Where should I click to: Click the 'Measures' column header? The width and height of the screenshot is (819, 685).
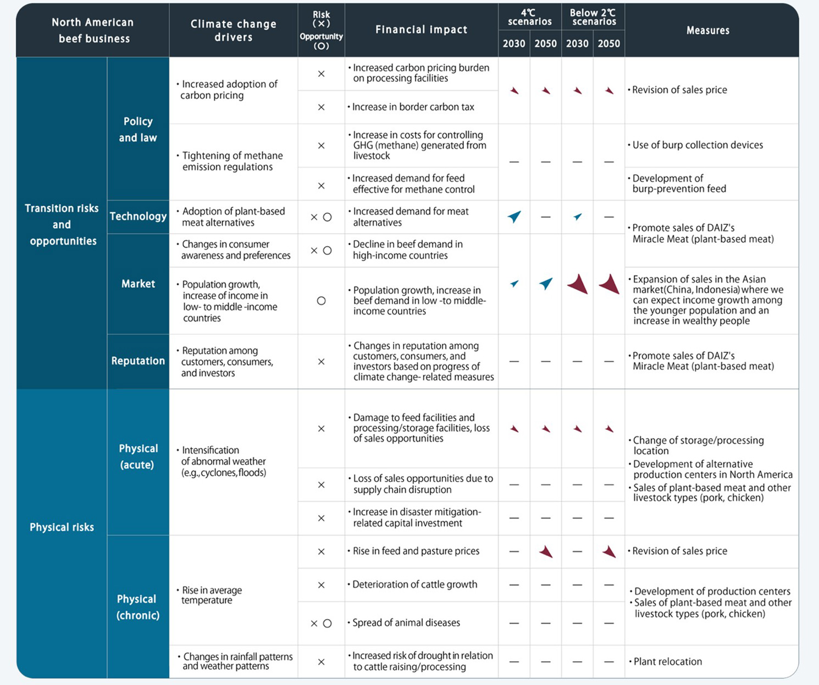[707, 30]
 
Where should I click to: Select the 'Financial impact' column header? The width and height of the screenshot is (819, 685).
[421, 30]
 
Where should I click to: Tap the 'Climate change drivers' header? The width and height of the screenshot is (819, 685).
[233, 30]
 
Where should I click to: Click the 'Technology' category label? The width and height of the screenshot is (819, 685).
[138, 217]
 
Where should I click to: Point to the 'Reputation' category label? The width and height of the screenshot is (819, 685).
[138, 361]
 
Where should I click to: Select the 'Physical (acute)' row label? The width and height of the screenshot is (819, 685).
[138, 456]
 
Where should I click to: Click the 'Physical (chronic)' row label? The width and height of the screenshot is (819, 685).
[137, 607]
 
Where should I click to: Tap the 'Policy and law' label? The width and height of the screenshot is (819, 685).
[138, 129]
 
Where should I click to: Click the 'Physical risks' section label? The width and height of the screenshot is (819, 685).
[62, 527]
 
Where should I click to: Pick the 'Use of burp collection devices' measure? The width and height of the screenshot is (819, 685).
[697, 145]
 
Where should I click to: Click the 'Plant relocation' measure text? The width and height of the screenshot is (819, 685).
[667, 661]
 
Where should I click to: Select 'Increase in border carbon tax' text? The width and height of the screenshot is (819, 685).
[412, 107]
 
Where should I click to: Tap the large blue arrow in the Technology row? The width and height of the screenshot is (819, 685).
[514, 217]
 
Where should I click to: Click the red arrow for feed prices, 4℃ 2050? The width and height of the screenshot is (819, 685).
[546, 551]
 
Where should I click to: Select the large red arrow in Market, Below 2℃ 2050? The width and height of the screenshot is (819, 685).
[609, 284]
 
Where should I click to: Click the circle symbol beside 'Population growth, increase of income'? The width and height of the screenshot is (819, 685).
[321, 301]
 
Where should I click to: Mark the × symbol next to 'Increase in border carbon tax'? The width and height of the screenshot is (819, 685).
[321, 107]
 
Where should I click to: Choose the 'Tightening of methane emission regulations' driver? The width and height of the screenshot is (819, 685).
[232, 161]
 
